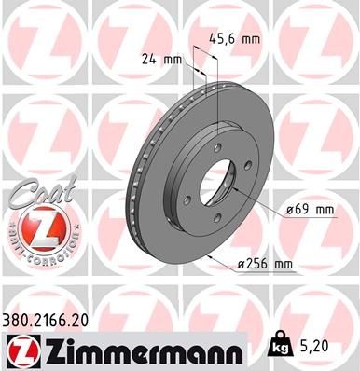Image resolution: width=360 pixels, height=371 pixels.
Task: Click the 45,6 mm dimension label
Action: pos(236,40)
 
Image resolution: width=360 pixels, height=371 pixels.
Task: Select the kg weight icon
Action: pos(278,345)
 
